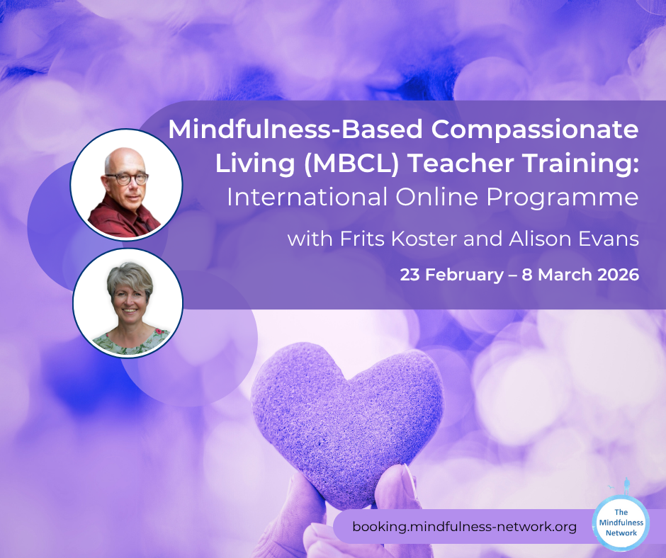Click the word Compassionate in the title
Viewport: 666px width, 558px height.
[535, 130]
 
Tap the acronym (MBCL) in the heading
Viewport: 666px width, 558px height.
[351, 164]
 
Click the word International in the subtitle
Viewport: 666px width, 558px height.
[307, 198]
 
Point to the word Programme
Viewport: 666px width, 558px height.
[563, 198]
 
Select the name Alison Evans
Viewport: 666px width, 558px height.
[574, 239]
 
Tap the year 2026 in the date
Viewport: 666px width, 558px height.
[619, 275]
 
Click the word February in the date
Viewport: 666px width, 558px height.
[465, 275]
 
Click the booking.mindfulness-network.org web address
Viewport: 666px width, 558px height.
[465, 527]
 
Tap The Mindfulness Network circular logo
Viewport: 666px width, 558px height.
[621, 523]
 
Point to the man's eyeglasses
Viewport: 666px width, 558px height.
[127, 178]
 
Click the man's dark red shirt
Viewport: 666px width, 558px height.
[123, 219]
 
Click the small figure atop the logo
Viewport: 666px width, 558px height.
[626, 486]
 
